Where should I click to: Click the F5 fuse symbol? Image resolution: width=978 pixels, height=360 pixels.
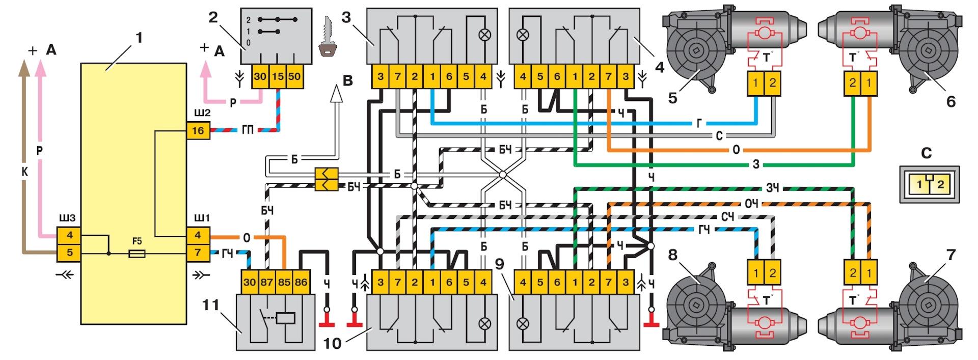pyautogui.click(x=138, y=253)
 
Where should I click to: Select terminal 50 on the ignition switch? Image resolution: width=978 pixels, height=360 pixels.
pyautogui.click(x=294, y=76)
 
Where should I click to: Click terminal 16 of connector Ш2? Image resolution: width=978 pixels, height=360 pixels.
pyautogui.click(x=198, y=131)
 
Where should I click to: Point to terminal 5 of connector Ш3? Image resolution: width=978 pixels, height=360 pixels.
pyautogui.click(x=70, y=252)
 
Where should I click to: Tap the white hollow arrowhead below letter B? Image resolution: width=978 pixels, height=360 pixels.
pyautogui.click(x=336, y=95)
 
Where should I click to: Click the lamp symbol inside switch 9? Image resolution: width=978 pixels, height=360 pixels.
pyautogui.click(x=522, y=323)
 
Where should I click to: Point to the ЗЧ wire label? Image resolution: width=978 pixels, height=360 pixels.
pyautogui.click(x=772, y=188)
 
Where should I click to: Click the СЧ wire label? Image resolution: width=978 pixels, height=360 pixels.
pyautogui.click(x=728, y=217)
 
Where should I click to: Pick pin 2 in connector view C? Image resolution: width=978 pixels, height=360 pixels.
pyautogui.click(x=940, y=184)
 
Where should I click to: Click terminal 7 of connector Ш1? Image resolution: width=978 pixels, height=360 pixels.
pyautogui.click(x=198, y=252)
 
